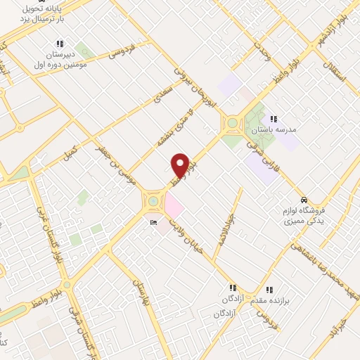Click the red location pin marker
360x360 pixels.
click(181, 165)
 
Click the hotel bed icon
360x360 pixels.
click(153, 224)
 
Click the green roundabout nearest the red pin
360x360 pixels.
click(153, 202)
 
